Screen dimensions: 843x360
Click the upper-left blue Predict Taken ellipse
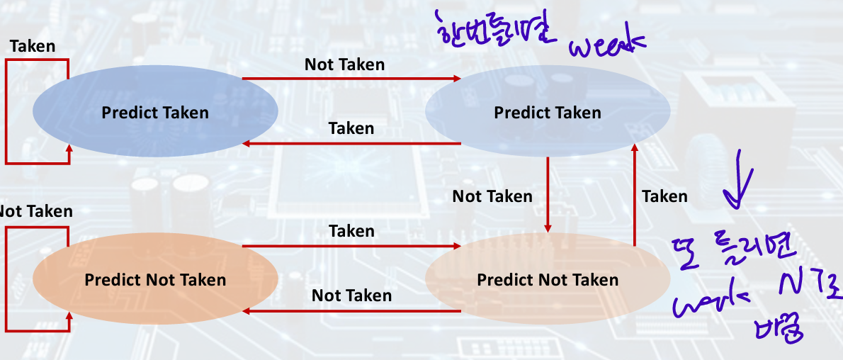(154, 112)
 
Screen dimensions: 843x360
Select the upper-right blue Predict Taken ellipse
(547, 112)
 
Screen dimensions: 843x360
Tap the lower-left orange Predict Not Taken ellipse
(154, 279)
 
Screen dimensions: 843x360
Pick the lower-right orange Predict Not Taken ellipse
(547, 279)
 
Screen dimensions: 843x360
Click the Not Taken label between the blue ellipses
(344, 64)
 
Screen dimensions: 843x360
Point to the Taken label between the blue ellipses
(351, 128)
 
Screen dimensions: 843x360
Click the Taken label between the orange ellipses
(351, 231)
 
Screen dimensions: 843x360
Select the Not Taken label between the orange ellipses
(351, 295)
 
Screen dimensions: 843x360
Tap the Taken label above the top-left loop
(32, 46)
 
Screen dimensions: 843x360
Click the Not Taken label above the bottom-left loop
(35, 211)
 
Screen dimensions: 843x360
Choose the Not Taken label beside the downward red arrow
(492, 196)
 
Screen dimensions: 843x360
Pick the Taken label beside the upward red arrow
(664, 196)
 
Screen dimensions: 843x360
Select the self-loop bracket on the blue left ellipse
(7, 112)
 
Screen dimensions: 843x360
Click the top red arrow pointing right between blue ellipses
(351, 78)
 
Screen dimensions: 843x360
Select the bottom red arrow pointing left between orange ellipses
(351, 311)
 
